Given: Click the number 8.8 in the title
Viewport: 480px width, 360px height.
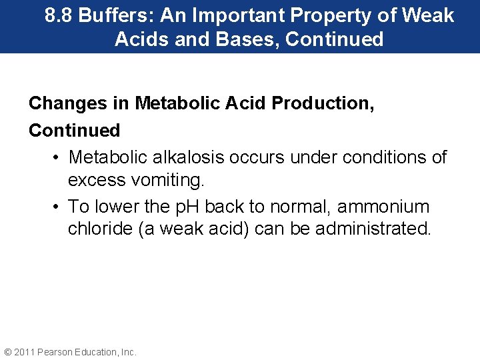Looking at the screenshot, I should pyautogui.click(x=59, y=15).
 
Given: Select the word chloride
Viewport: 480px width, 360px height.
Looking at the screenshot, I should pyautogui.click(x=97, y=229).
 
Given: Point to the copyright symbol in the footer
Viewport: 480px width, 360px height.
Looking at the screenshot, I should pyautogui.click(x=8, y=352).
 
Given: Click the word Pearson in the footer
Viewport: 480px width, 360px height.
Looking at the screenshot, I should pyautogui.click(x=56, y=352).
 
